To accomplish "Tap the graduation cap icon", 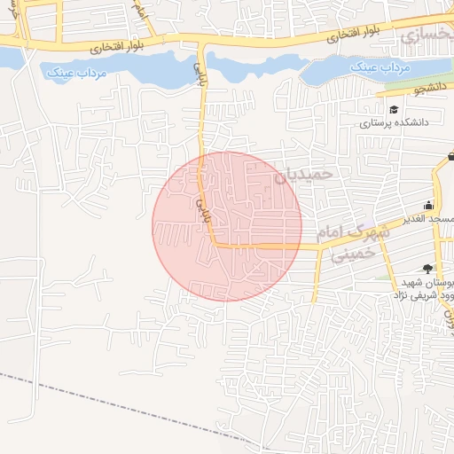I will [x=394, y=109].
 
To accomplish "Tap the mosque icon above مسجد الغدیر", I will [x=429, y=205].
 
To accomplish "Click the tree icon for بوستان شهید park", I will [x=429, y=268].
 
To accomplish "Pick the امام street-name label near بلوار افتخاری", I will [x=138, y=11].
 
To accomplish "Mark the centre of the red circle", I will [x=227, y=226].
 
